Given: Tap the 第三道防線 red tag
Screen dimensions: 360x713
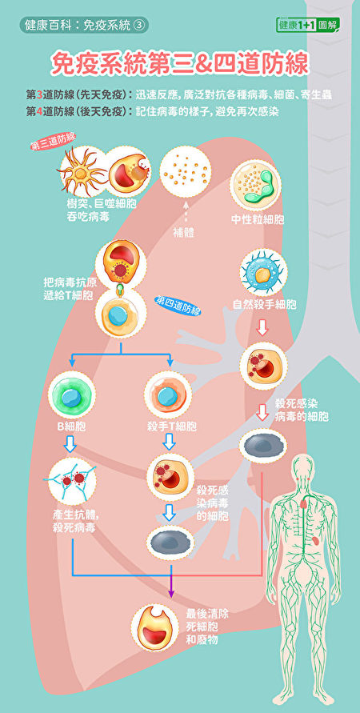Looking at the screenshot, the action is click(53, 141).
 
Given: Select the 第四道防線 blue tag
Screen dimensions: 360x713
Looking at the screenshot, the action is click(178, 305).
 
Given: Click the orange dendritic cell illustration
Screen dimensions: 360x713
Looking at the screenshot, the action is click(82, 171).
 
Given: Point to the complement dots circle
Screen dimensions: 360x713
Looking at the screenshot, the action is click(185, 172).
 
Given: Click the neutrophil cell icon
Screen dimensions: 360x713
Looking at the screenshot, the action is click(255, 185).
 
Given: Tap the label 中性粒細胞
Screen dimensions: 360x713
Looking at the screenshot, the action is click(258, 220).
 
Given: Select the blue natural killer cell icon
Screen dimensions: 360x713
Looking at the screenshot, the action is click(264, 272).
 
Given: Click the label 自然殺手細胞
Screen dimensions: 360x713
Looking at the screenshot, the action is click(265, 305).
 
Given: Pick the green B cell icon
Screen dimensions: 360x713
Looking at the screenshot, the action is click(72, 395).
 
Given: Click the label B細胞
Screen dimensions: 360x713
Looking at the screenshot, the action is click(72, 427).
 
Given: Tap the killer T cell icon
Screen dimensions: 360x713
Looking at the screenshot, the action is click(168, 395).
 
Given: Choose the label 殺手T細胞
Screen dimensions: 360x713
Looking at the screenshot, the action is click(172, 427).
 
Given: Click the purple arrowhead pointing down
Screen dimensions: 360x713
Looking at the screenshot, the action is click(171, 593).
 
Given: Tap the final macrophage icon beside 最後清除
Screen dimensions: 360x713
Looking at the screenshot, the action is click(154, 628).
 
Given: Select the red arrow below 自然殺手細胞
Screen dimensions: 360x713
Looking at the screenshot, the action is click(262, 327).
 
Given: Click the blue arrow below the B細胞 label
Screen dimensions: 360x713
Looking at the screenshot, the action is click(70, 444).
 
